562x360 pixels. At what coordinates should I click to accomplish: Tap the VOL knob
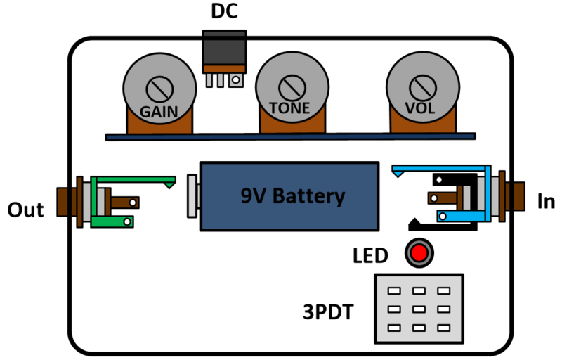click(x=420, y=88)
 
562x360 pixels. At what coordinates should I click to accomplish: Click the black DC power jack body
click(x=224, y=48)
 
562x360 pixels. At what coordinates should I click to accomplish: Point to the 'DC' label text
click(x=224, y=12)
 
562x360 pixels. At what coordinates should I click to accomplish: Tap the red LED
click(x=419, y=252)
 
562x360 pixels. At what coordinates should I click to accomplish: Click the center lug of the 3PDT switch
click(x=419, y=308)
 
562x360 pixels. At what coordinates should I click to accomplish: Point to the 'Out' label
click(x=25, y=210)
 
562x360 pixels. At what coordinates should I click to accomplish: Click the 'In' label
click(x=546, y=202)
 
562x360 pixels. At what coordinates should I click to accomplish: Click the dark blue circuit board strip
click(x=288, y=136)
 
